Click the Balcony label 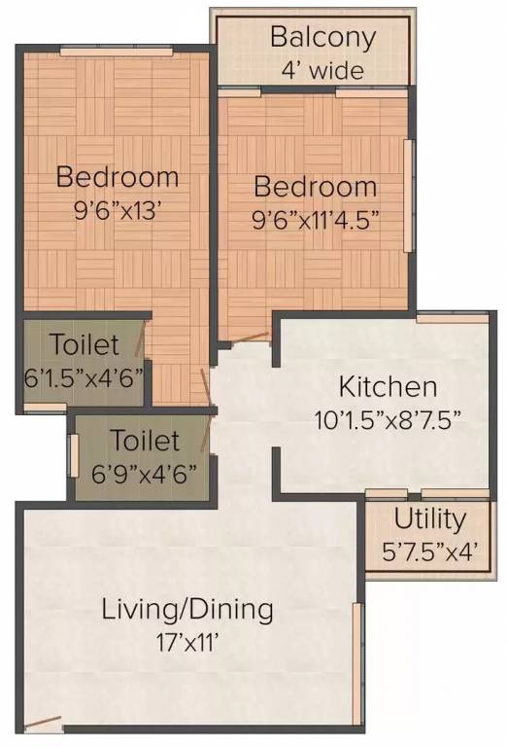click(x=322, y=38)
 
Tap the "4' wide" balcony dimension click(x=322, y=70)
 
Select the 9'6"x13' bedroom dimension click(x=117, y=209)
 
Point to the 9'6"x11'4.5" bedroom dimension click(x=315, y=219)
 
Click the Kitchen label click(x=388, y=386)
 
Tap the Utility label click(x=429, y=518)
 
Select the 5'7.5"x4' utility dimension click(x=429, y=551)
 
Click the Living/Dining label click(x=187, y=611)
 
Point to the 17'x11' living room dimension click(x=187, y=642)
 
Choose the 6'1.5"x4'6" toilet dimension click(x=85, y=376)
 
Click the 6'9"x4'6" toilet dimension click(x=145, y=473)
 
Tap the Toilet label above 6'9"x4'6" click(x=145, y=441)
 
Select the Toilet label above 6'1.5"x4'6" click(x=85, y=344)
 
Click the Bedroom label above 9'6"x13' click(x=117, y=177)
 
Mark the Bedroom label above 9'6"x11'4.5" click(x=315, y=187)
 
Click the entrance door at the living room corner click(x=43, y=724)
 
